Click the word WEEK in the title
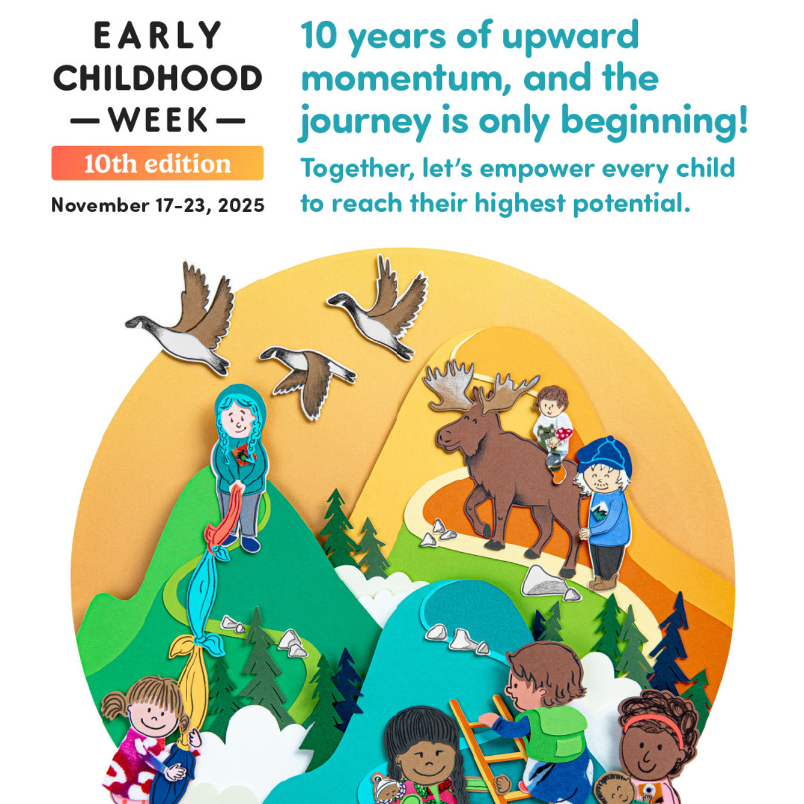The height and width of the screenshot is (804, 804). (158, 120)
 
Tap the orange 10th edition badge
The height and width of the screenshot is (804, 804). (157, 163)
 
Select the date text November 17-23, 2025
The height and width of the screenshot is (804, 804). (158, 205)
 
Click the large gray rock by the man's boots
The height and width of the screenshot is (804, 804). (545, 581)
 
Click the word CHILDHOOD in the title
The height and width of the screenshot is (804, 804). (158, 79)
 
